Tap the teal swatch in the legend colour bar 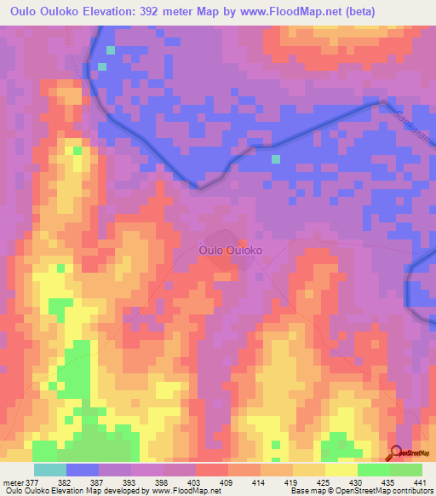pos(50,470)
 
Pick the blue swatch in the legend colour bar pos(83,470)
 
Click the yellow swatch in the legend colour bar pos(341,470)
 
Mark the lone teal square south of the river pos(275,159)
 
